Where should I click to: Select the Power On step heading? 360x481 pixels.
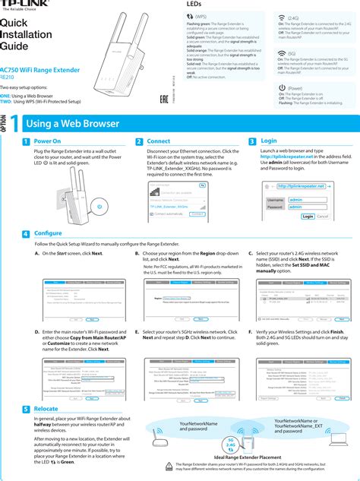coord(47,142)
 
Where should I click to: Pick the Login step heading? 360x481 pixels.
coord(268,141)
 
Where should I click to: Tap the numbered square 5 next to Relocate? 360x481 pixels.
coord(27,409)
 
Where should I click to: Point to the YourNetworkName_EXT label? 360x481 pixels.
coord(302,426)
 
